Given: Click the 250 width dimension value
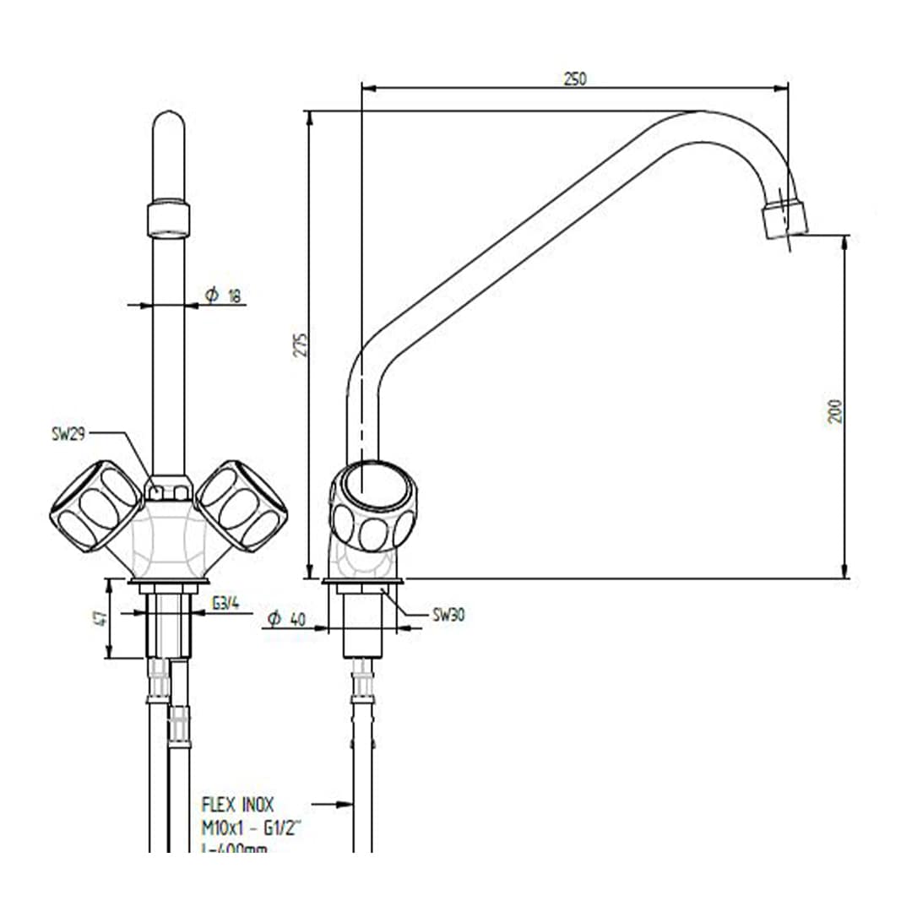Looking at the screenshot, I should pyautogui.click(x=575, y=79).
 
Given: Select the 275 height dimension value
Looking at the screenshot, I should pyautogui.click(x=301, y=344).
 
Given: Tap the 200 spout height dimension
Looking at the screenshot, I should pyautogui.click(x=835, y=410).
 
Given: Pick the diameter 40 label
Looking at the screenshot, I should pyautogui.click(x=285, y=619).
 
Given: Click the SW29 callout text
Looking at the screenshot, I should pyautogui.click(x=68, y=433).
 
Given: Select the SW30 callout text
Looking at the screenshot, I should pyautogui.click(x=448, y=615).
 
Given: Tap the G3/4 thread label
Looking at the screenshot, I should pyautogui.click(x=224, y=603).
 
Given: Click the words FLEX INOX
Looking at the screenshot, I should pyautogui.click(x=237, y=805).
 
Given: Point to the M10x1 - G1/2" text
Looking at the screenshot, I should pyautogui.click(x=251, y=828).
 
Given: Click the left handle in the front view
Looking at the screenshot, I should pyautogui.click(x=95, y=506).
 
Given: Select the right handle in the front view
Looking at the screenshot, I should pyautogui.click(x=242, y=505).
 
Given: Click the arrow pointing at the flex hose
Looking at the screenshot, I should pyautogui.click(x=333, y=805).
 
